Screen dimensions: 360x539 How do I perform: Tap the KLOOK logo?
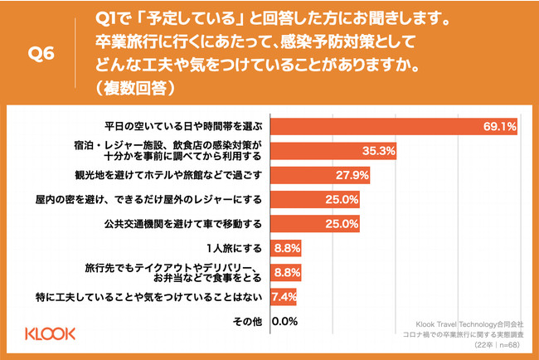pos(48,334)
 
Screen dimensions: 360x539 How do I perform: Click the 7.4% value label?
pos(284,296)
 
